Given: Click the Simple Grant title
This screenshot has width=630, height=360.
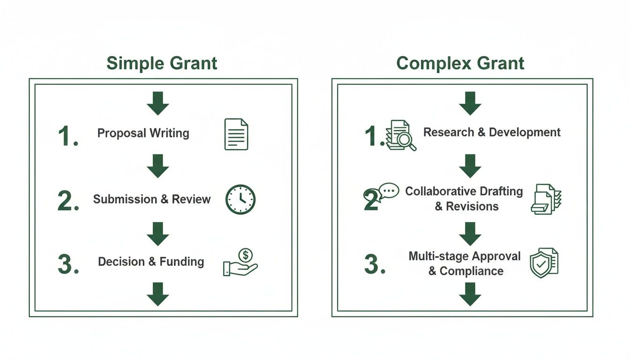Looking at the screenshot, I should point(162,63).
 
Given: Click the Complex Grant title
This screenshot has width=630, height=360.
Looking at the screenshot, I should point(460,63).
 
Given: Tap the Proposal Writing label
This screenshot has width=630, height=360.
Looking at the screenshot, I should point(143,133).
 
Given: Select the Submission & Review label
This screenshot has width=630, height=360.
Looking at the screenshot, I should point(152,199).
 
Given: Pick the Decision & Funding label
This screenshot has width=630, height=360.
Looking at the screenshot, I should point(151,262).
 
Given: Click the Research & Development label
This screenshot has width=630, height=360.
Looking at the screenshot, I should point(492,132).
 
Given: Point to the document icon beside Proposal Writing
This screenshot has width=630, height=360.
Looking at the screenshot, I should point(236,134).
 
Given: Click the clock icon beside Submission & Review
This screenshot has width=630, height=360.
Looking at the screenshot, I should point(240,200).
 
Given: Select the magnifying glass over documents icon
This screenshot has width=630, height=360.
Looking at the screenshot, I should point(401,135).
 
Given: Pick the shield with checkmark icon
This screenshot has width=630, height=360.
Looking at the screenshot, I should point(543,263).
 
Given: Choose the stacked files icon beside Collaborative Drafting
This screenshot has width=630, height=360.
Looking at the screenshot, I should point(546,199).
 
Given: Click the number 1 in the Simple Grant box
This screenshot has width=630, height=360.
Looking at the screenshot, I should point(67,136).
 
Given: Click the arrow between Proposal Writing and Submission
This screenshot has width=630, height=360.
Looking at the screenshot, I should point(157,166).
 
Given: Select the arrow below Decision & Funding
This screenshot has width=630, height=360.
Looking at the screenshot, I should point(157,294).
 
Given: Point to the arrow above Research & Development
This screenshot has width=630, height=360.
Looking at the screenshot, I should point(470,103).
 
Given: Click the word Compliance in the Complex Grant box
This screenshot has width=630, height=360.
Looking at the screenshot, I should point(472,271).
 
